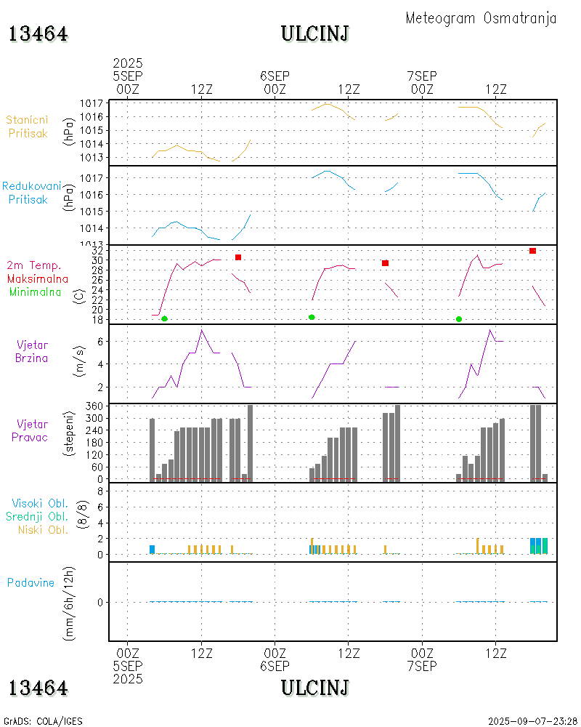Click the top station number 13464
(38, 34)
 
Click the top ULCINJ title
(315, 34)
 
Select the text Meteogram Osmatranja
(481, 18)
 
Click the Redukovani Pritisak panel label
(31, 193)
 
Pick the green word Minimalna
(36, 292)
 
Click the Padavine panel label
(31, 582)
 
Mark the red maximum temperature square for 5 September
(238, 257)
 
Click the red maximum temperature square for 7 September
(532, 251)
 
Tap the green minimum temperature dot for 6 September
(312, 317)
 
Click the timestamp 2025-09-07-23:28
(532, 721)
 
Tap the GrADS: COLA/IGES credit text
(43, 721)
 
